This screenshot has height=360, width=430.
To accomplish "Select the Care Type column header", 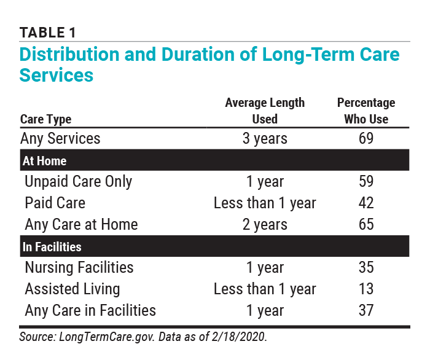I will click(46, 119).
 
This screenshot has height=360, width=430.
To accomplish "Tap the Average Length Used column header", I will click(265, 111).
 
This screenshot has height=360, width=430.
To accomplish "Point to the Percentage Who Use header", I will click(366, 111).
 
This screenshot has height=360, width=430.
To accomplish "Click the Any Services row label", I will click(60, 138).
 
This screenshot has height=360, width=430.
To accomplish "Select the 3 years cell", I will click(265, 138).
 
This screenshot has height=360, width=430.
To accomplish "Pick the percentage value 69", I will click(366, 138).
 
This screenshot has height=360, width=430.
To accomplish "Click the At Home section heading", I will click(44, 161).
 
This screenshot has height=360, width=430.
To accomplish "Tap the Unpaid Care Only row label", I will click(78, 182).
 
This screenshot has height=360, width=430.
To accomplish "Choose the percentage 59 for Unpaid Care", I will click(366, 182).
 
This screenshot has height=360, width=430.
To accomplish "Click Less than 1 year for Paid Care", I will click(265, 203).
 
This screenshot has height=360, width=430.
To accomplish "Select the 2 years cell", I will click(265, 225).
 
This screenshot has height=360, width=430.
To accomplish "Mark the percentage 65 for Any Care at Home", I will click(366, 225).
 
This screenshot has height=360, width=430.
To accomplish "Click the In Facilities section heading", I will click(52, 247).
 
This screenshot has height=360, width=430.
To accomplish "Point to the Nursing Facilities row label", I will click(79, 268).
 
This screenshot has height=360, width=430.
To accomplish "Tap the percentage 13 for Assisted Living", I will click(366, 289).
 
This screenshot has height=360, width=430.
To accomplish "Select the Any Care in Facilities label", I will click(90, 310).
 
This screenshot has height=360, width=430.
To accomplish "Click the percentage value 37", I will click(366, 310).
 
